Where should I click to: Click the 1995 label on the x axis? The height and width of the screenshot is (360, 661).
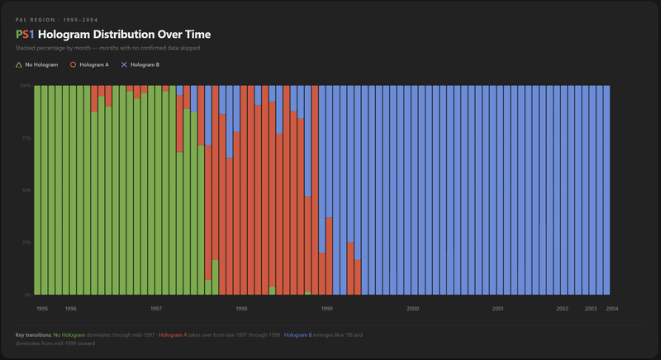(x=42, y=309)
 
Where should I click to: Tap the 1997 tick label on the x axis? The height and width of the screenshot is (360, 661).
(x=156, y=309)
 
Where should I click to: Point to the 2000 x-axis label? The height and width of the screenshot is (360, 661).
(x=413, y=309)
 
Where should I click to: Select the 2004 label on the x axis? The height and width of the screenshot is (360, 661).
(x=612, y=309)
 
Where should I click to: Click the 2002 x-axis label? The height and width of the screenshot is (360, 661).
(x=562, y=309)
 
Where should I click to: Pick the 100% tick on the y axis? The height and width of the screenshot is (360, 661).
(x=26, y=85)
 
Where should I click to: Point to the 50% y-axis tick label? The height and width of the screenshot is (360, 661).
(x=26, y=190)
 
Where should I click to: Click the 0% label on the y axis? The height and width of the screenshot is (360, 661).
(x=27, y=295)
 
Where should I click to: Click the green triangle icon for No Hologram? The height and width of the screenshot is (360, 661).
(x=19, y=64)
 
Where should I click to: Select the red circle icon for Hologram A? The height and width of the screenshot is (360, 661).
(x=73, y=64)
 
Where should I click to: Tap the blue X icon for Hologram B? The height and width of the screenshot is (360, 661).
(x=125, y=64)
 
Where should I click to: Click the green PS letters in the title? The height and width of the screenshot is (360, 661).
(x=23, y=35)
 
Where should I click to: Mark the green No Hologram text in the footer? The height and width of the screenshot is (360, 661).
(x=69, y=334)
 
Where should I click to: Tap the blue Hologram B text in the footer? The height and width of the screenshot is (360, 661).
(x=298, y=334)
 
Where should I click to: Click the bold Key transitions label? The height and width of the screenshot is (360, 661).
(x=33, y=334)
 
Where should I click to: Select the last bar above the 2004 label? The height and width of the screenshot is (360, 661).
(x=606, y=190)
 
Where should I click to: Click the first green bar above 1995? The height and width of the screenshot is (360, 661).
(x=38, y=190)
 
